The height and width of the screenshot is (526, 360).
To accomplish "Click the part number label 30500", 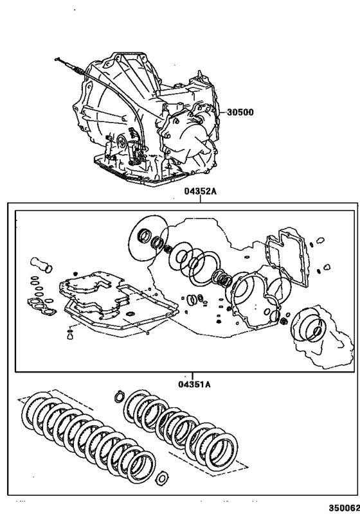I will [x=240, y=112].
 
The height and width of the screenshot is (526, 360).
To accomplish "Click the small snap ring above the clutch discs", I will [x=118, y=396].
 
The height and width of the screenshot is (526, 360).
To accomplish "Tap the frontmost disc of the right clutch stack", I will [x=218, y=448].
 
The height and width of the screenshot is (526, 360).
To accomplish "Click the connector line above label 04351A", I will [x=186, y=376].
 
